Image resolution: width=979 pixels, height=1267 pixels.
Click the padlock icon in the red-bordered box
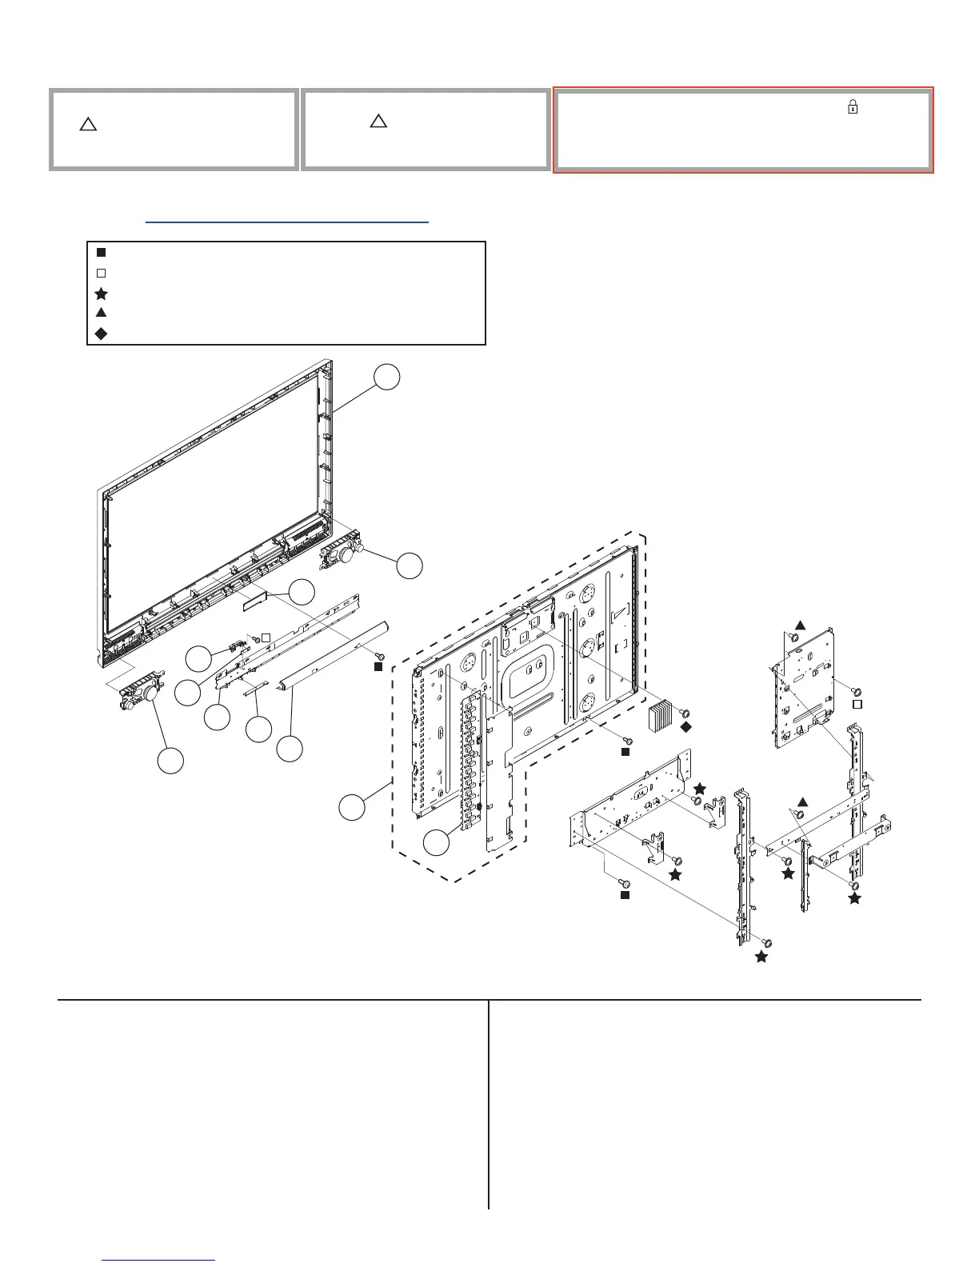(x=853, y=107)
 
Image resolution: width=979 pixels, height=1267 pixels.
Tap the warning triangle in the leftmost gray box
(x=88, y=125)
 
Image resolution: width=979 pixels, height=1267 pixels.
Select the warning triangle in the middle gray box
(x=378, y=122)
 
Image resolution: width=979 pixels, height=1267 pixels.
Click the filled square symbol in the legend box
(x=102, y=252)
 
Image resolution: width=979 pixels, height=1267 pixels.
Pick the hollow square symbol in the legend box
(x=102, y=273)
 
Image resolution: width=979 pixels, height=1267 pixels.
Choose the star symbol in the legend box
(x=102, y=294)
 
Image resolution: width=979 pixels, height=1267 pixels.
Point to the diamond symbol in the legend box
(x=102, y=334)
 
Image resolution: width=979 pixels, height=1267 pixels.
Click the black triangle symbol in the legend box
(x=102, y=313)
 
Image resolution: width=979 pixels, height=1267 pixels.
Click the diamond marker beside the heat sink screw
(x=685, y=727)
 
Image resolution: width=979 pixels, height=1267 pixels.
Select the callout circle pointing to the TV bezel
(x=387, y=378)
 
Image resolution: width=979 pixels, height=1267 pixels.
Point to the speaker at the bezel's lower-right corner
(x=342, y=553)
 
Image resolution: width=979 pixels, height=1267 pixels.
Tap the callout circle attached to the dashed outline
(x=351, y=807)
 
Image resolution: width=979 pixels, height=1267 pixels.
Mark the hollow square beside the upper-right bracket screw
(x=856, y=705)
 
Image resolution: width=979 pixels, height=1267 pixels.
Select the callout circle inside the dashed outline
(x=437, y=841)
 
